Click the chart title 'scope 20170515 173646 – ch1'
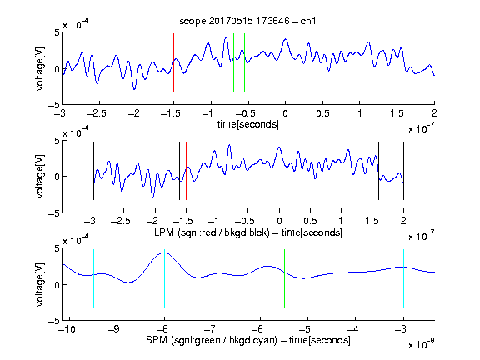click(x=247, y=21)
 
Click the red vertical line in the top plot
click(x=173, y=62)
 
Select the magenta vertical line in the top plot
click(x=397, y=62)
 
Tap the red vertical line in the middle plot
click(x=186, y=171)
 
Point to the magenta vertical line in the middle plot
click(x=372, y=171)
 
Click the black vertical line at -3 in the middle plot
click(x=93, y=171)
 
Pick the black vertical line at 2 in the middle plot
click(x=403, y=171)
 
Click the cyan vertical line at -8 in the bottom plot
click(x=165, y=278)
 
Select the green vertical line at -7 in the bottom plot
click(x=212, y=278)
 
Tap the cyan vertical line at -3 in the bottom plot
click(x=403, y=278)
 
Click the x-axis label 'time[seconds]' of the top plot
click(x=248, y=125)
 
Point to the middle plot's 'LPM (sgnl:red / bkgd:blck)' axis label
click(x=212, y=232)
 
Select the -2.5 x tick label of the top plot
click(x=97, y=113)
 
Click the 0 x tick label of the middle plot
click(x=279, y=221)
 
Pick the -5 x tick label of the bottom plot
click(x=306, y=329)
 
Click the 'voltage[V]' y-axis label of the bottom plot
click(x=40, y=284)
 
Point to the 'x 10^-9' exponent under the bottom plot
click(x=422, y=344)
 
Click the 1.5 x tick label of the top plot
click(x=397, y=113)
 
